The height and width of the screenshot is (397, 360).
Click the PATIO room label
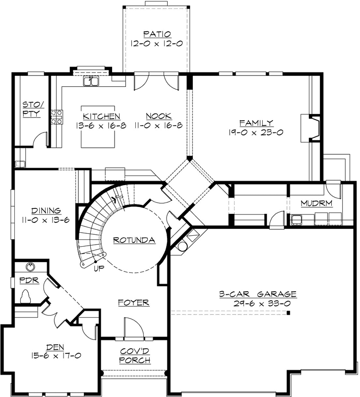pos(157,34)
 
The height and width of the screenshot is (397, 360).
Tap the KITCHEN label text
pos(98,116)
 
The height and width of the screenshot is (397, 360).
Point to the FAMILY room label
pos(256,123)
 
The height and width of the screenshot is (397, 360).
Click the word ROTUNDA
pos(134,240)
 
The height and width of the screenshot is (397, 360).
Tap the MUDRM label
pos(316,203)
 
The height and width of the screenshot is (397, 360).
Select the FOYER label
pos(133,302)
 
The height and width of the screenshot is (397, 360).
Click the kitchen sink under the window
pos(91,81)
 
